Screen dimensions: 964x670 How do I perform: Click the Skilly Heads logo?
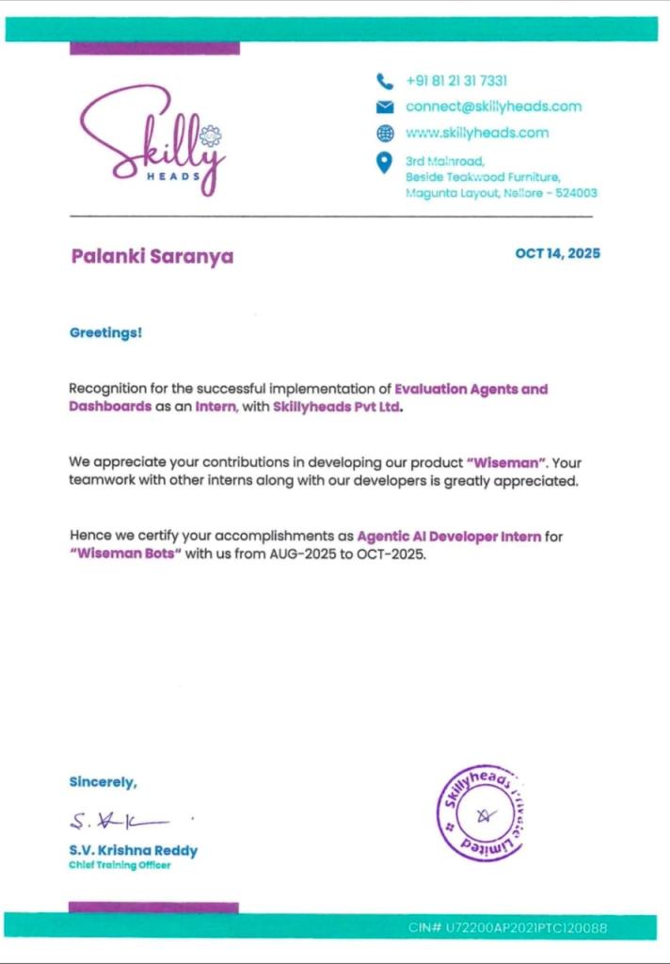click(153, 139)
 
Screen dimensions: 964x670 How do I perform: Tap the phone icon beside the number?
click(384, 81)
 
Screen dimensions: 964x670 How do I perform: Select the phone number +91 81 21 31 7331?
click(456, 81)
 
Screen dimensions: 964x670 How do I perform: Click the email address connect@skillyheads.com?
click(493, 106)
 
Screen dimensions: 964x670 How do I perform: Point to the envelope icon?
click(384, 106)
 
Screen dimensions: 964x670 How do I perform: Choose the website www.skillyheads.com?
click(476, 133)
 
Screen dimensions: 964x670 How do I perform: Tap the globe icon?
click(384, 133)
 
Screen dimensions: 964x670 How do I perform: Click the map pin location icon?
click(384, 163)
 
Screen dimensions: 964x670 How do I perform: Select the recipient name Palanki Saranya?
click(152, 256)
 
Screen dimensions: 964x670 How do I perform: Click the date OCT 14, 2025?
click(557, 253)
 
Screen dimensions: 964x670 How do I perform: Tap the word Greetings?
click(106, 332)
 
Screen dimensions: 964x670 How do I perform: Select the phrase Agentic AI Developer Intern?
click(449, 537)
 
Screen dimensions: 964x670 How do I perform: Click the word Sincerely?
click(103, 781)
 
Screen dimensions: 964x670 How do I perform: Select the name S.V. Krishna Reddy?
click(133, 850)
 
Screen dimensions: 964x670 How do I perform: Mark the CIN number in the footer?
click(507, 927)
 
